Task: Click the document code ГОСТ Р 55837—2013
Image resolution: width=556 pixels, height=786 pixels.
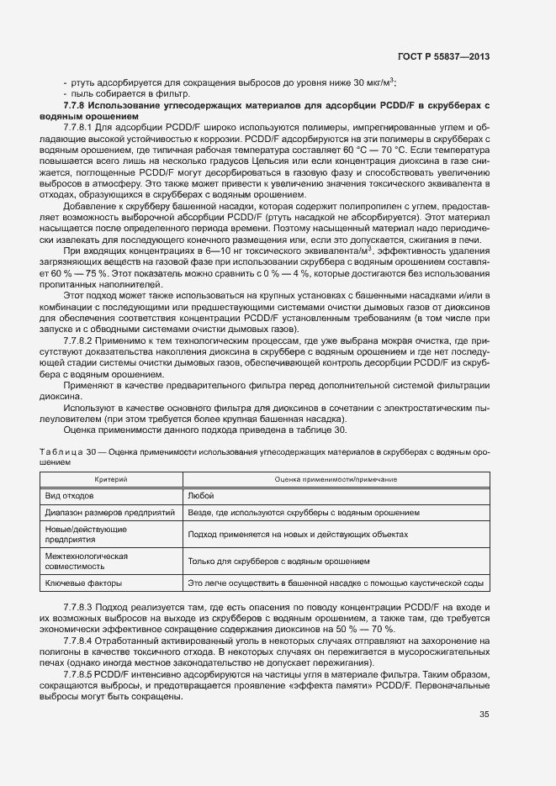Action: click(442, 56)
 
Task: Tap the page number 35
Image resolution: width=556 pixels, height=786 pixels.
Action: click(484, 715)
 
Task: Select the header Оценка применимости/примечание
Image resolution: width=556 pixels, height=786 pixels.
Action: click(336, 478)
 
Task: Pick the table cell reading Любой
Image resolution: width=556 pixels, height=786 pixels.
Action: click(201, 496)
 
